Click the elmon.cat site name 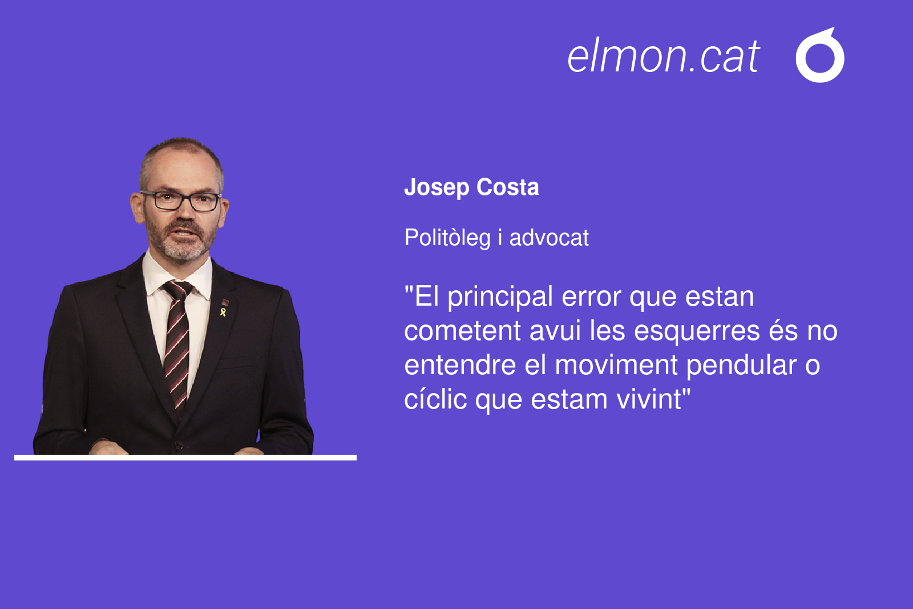coord(663,56)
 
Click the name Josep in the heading coord(437,187)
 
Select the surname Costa coord(507,187)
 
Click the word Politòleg coord(447,238)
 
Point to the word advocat coord(549,238)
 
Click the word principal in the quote coord(500,298)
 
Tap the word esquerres coord(697,331)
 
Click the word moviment coord(616,365)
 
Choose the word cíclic coord(435,399)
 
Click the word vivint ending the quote coord(648,399)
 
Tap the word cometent coord(462,331)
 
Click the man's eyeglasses coord(181,201)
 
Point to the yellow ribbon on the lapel coord(223,312)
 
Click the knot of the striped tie coord(178,290)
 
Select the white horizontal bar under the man coord(185,458)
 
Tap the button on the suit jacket coord(179,445)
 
